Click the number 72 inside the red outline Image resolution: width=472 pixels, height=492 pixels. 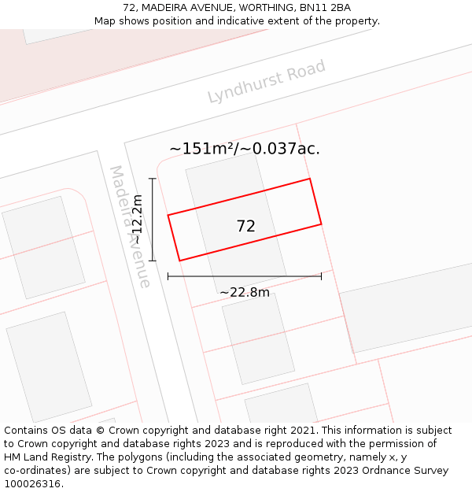click(x=245, y=227)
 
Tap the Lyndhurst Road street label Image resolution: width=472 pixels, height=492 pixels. click(x=266, y=82)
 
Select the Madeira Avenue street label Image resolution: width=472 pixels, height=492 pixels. click(x=130, y=227)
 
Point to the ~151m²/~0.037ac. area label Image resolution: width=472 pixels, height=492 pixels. click(x=245, y=149)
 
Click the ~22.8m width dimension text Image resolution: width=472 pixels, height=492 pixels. click(x=245, y=293)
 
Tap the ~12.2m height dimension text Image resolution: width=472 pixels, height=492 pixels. click(x=138, y=220)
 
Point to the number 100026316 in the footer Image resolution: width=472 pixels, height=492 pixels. click(x=30, y=484)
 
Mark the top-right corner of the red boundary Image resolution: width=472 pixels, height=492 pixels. click(x=309, y=179)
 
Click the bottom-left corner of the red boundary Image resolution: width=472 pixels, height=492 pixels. click(x=179, y=261)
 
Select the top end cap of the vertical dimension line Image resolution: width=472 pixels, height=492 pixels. click(x=153, y=179)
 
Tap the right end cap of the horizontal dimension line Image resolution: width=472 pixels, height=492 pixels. click(x=321, y=276)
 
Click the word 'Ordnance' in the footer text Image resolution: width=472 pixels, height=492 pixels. click(x=394, y=471)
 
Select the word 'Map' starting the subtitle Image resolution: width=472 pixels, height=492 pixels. click(x=105, y=20)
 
